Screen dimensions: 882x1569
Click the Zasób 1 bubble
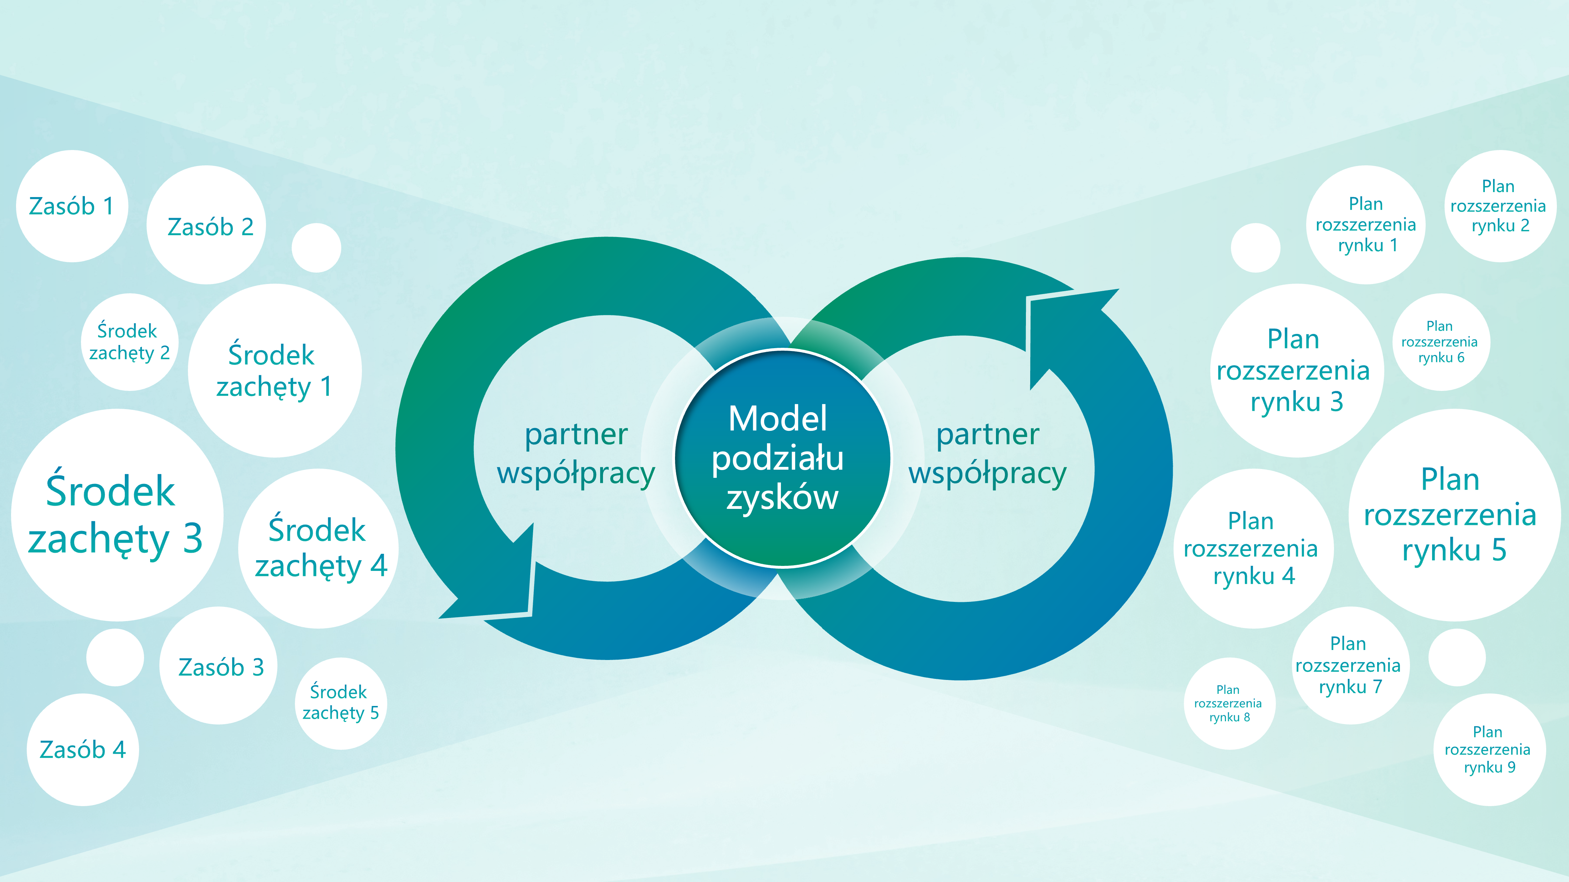pos(72,206)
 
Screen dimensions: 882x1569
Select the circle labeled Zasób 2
pos(207,225)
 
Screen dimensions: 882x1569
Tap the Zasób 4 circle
pos(83,750)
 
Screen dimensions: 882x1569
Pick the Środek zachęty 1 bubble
pos(274,371)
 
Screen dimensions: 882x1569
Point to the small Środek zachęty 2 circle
pos(129,342)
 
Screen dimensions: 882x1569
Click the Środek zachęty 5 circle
pos(341,703)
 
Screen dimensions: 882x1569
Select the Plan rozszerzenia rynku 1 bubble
pos(1366,225)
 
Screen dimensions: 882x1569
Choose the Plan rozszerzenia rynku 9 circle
pos(1489,750)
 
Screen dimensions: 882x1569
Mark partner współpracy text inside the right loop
pos(987,454)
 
